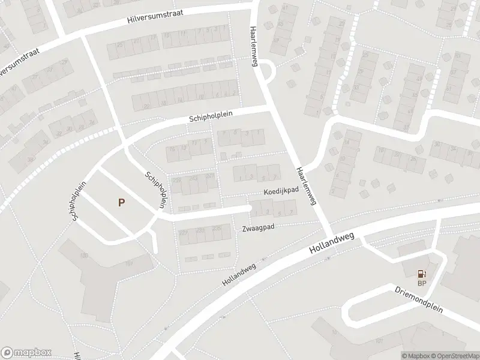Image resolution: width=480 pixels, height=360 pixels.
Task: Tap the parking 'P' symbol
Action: click(121, 203)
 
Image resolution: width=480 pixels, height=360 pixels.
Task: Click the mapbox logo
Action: click(26, 352)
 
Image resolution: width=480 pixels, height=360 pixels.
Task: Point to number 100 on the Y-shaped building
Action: click(84, 256)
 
